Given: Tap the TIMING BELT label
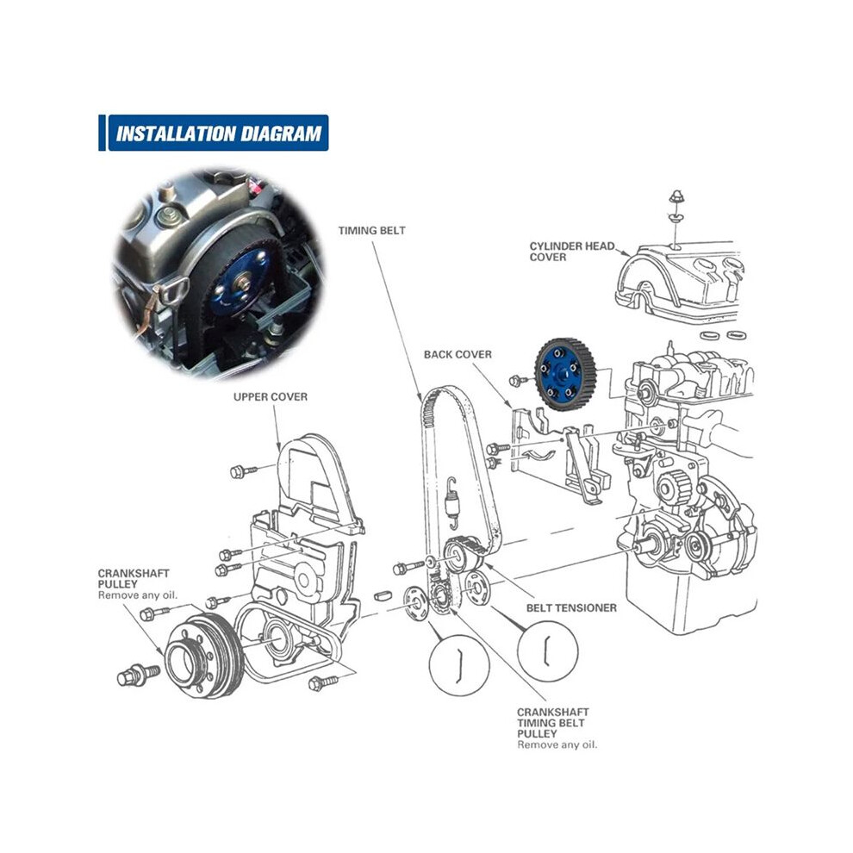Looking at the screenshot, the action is (x=372, y=231).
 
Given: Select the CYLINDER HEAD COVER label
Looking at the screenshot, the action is (x=572, y=252).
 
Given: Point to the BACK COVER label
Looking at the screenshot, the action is (x=458, y=355).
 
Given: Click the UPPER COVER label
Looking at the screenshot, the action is (x=271, y=397).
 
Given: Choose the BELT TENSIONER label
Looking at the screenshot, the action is (x=571, y=608).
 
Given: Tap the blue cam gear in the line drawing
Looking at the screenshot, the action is (x=565, y=374).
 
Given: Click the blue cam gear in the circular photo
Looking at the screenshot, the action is (x=240, y=283).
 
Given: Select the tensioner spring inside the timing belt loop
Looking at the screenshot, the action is (x=451, y=502).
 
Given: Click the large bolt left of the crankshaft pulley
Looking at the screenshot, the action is (x=138, y=676).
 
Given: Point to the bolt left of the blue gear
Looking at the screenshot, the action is (x=519, y=380).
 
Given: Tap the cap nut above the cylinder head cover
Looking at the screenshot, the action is (x=676, y=197).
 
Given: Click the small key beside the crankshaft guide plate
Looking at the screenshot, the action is (x=384, y=595).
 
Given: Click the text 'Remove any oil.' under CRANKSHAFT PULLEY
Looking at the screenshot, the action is (x=138, y=595).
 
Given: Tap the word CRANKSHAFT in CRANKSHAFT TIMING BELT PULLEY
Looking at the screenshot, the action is (x=552, y=712).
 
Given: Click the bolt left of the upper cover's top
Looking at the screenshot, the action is (x=243, y=471).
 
